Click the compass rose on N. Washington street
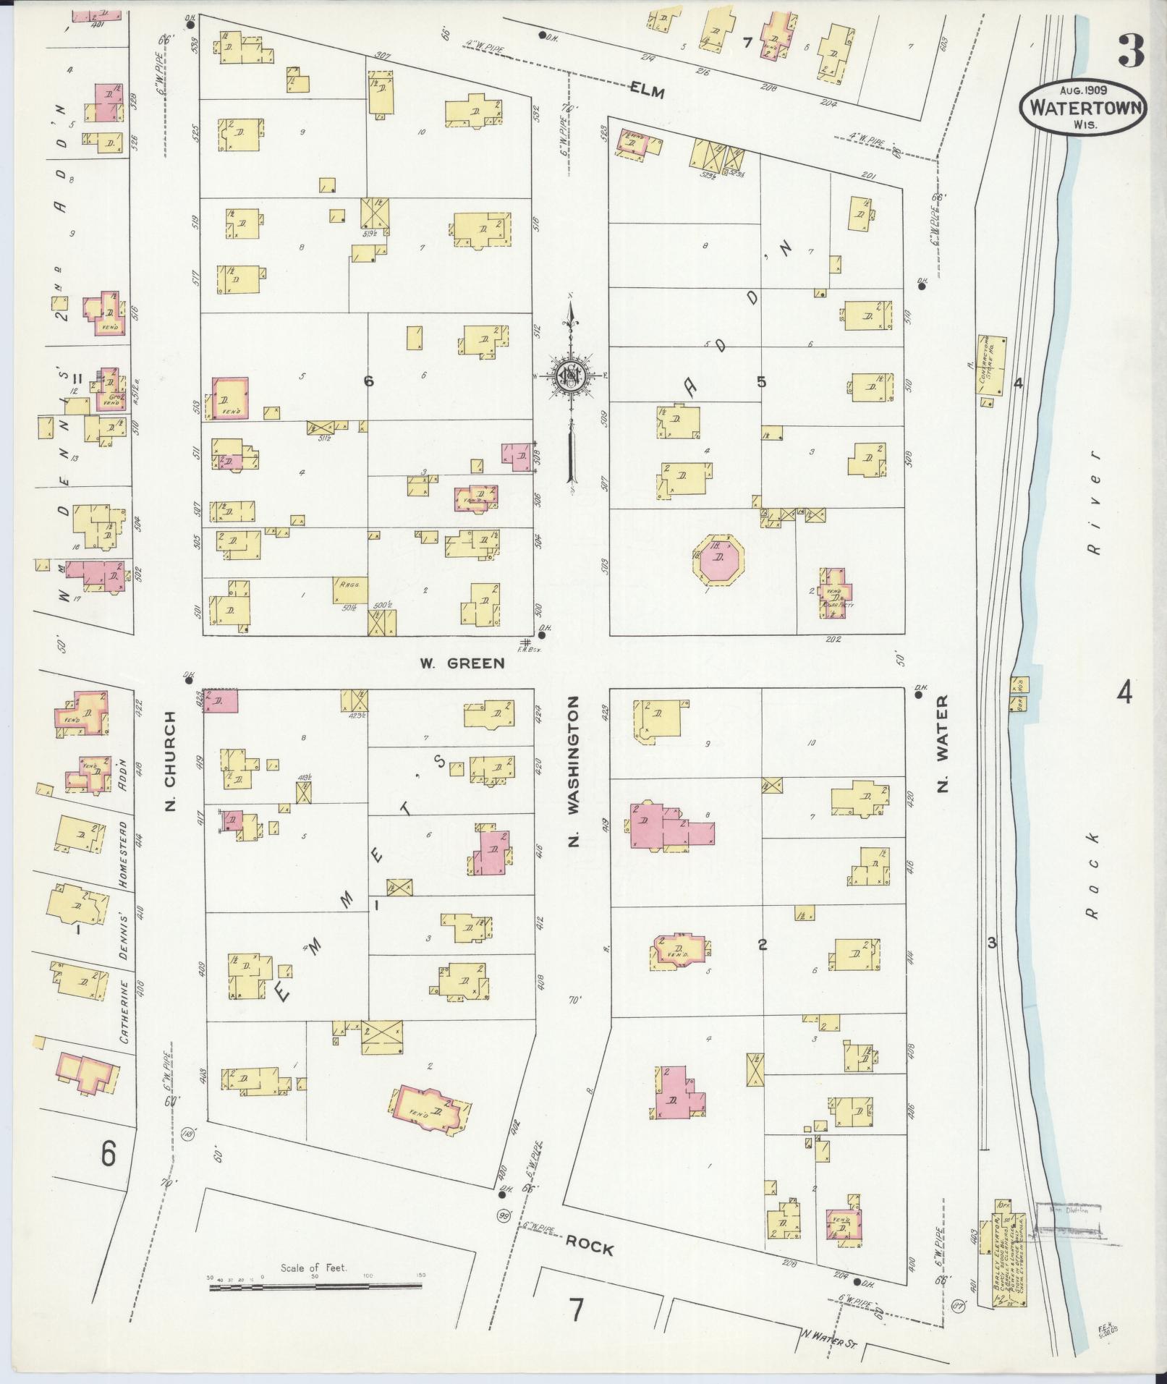[571, 376]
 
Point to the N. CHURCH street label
[171, 760]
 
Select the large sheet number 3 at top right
[1131, 50]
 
